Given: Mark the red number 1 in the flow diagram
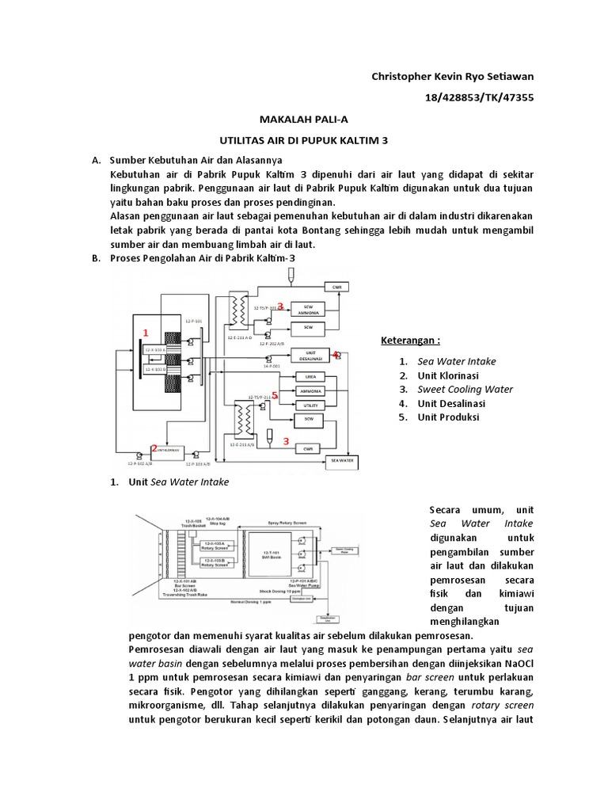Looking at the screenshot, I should pyautogui.click(x=146, y=332).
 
